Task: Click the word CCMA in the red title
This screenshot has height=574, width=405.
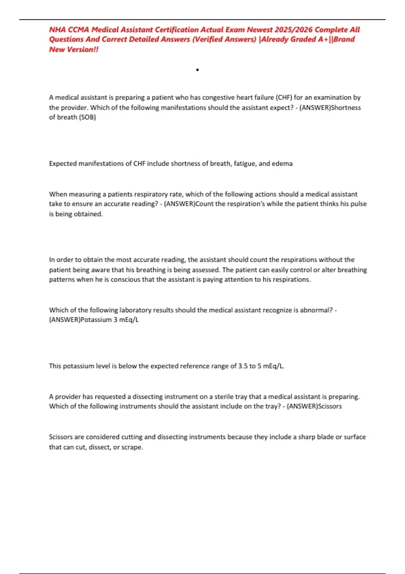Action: click(78, 30)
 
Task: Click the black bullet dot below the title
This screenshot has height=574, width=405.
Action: click(197, 70)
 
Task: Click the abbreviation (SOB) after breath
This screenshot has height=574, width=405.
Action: click(87, 117)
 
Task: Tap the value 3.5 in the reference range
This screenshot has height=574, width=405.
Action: click(243, 366)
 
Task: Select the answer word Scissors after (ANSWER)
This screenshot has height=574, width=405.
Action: click(330, 407)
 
